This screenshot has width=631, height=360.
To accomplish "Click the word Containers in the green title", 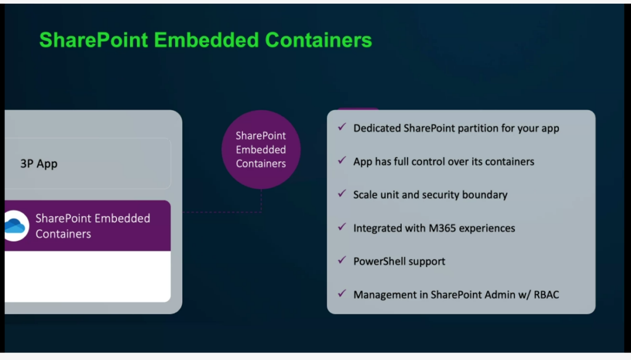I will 319,40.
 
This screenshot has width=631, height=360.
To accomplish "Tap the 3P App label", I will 39,164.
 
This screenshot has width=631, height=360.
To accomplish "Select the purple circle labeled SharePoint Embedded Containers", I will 261,149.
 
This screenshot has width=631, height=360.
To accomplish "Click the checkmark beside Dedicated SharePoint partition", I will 342,128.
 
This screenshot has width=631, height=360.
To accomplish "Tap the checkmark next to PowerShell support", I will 342,260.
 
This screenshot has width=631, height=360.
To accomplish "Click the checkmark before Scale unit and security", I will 342,194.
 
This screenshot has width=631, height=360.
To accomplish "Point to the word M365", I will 444,228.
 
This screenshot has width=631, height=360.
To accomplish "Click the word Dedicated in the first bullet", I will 377,128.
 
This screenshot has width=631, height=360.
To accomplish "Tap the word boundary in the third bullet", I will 485,195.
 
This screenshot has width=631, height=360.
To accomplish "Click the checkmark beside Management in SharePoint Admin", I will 342,293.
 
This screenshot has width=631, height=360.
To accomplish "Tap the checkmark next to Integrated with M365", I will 342,227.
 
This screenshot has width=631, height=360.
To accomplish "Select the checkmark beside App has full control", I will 342,160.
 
